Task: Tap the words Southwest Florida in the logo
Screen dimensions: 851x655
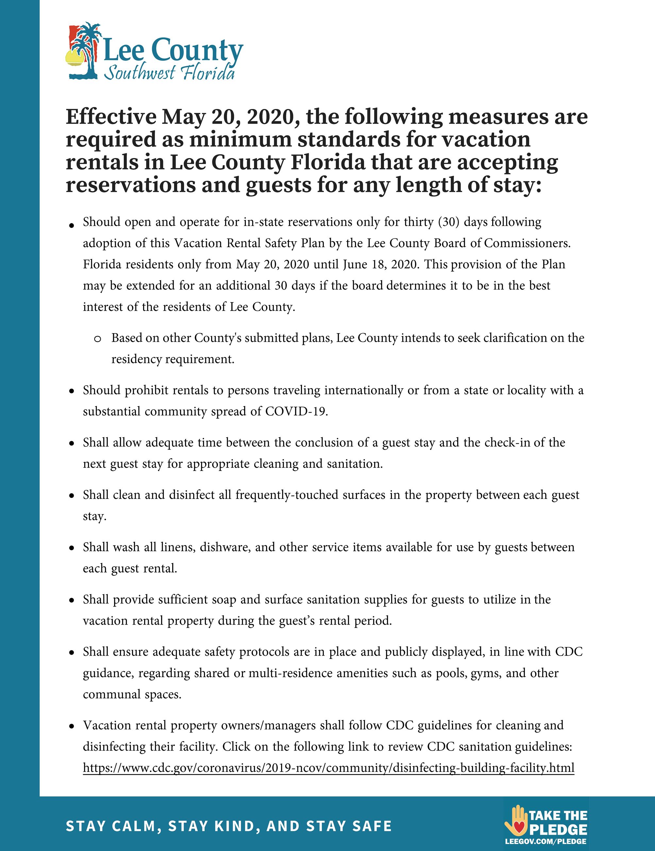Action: point(170,72)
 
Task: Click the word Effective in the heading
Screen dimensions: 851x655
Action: point(110,117)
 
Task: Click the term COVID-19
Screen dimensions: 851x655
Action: point(296,411)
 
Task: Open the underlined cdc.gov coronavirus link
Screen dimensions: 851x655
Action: point(328,768)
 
